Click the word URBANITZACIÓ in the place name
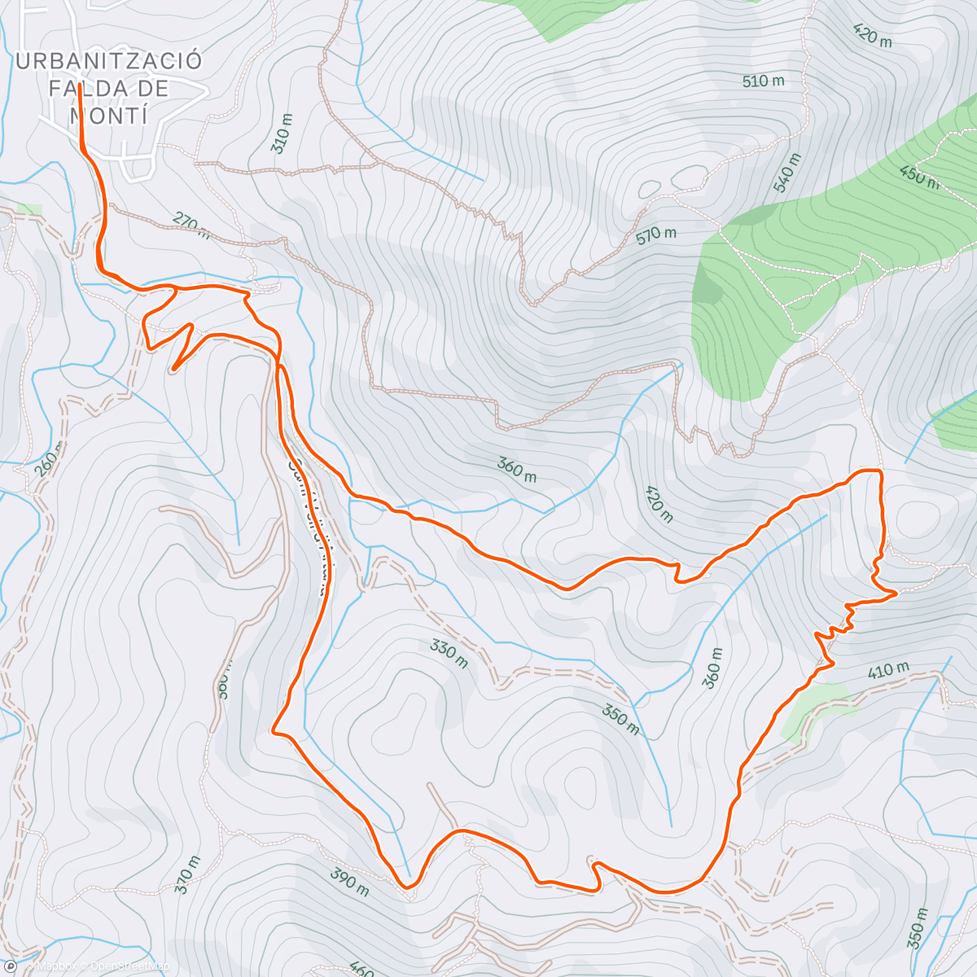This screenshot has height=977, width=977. [x=108, y=61]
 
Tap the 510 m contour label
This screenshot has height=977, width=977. [x=763, y=81]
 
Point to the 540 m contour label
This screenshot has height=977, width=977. [x=788, y=173]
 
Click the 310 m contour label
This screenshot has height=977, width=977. [x=282, y=129]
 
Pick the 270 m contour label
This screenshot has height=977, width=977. [x=192, y=226]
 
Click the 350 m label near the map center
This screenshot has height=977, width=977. [x=620, y=719]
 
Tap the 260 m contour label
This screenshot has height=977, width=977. [x=50, y=461]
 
